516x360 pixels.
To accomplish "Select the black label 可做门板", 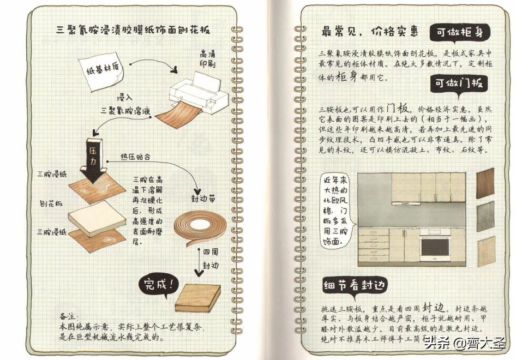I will pyautogui.click(x=458, y=84).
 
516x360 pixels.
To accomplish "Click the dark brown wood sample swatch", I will pyautogui.click(x=485, y=183).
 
